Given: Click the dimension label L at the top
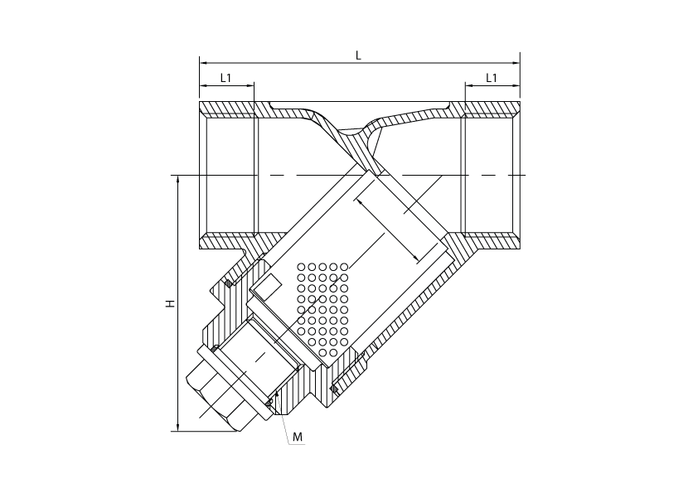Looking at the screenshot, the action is (358, 56).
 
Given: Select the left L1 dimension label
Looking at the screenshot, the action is (226, 78).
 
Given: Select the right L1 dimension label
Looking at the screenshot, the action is (492, 78).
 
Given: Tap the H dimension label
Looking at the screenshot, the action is (170, 303).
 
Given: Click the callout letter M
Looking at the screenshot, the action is (298, 437).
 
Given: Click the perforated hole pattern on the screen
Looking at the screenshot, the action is (322, 309).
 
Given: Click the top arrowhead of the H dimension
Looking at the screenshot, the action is (178, 179).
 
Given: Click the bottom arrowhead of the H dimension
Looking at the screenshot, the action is (178, 428).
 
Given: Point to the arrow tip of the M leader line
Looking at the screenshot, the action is (276, 390).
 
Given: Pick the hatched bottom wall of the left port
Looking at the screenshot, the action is (227, 241).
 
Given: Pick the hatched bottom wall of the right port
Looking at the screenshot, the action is (492, 241).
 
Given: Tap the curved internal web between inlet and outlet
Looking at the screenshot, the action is (351, 138).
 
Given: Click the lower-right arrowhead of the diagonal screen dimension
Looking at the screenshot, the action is (416, 259).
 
